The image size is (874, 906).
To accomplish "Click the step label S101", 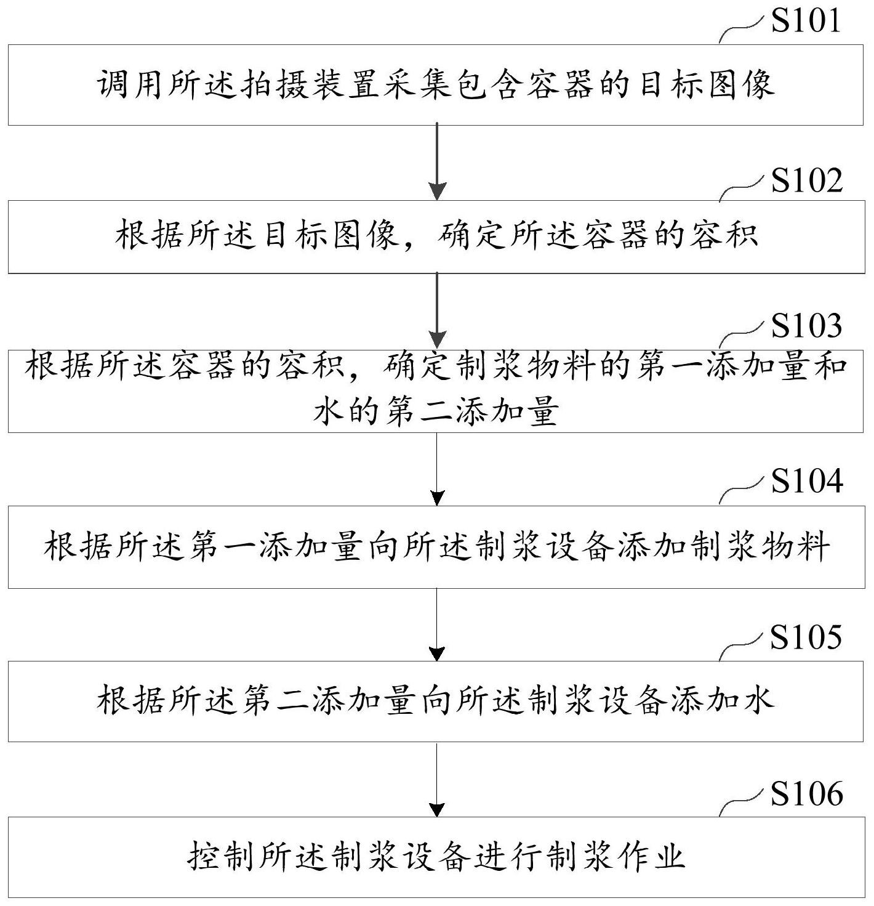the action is click(806, 20).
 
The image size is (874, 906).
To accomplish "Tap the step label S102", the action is click(807, 180).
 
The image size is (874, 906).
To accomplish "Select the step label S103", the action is click(806, 325).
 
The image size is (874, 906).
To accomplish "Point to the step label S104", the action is click(807, 480).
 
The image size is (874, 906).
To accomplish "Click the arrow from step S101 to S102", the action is click(437, 161).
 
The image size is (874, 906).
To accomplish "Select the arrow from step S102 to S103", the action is click(437, 310).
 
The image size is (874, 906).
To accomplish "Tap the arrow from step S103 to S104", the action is click(437, 469).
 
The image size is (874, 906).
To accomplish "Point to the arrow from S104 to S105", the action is click(437, 625).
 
